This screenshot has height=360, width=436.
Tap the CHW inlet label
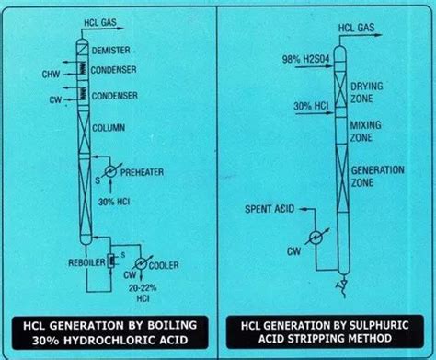pyautogui.click(x=52, y=73)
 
